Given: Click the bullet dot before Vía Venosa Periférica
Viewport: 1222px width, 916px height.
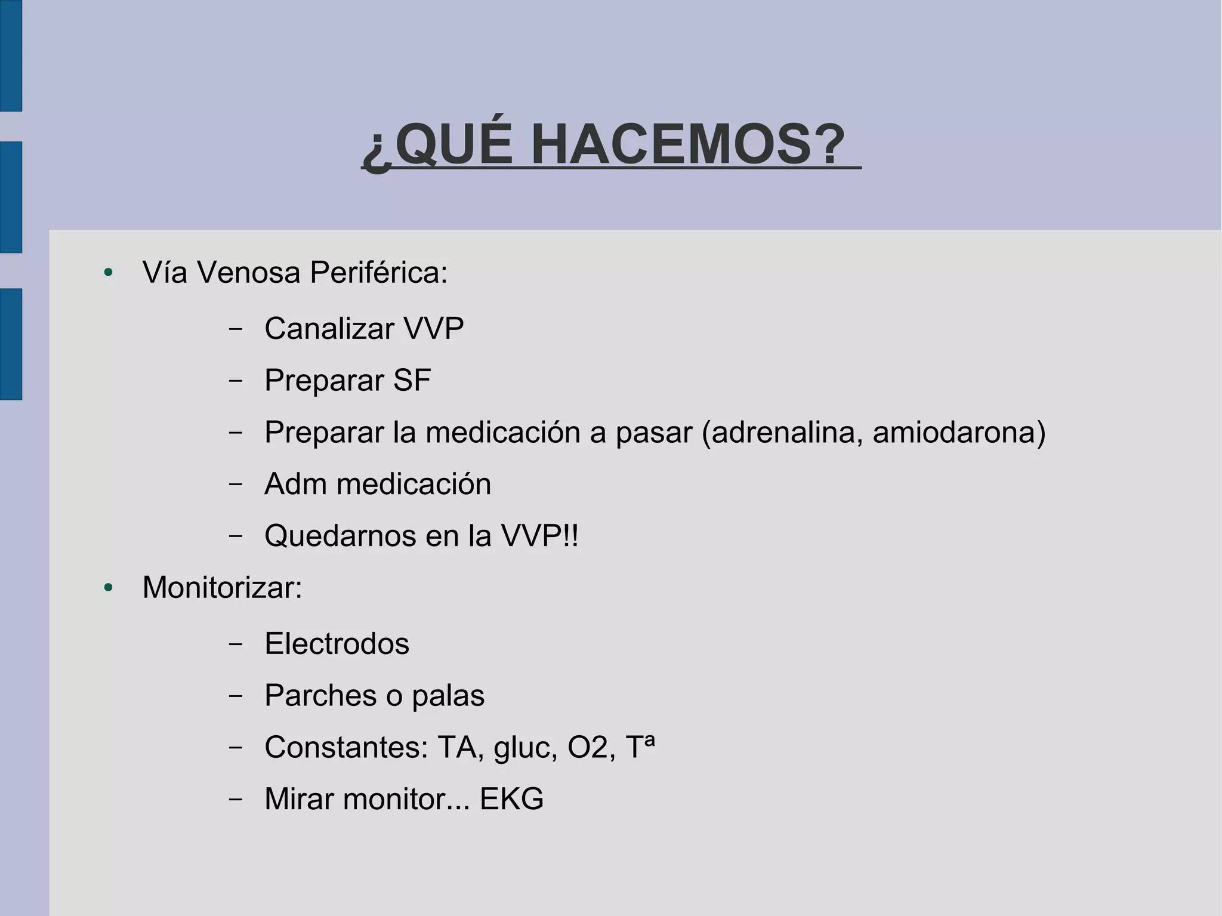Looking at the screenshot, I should pyautogui.click(x=108, y=273).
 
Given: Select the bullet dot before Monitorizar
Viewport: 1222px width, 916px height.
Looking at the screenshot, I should pyautogui.click(x=108, y=588).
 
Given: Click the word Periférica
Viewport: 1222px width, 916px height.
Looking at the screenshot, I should pyautogui.click(x=378, y=273).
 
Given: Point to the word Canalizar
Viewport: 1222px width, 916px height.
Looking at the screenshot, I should pyautogui.click(x=329, y=328).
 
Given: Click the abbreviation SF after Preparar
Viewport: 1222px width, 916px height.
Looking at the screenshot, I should pyautogui.click(x=412, y=380).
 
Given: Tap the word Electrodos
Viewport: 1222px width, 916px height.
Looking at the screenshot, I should pyautogui.click(x=337, y=644).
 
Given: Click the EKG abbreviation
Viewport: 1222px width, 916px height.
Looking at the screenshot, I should pyautogui.click(x=511, y=799).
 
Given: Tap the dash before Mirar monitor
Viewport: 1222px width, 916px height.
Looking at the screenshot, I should pyautogui.click(x=235, y=799).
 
